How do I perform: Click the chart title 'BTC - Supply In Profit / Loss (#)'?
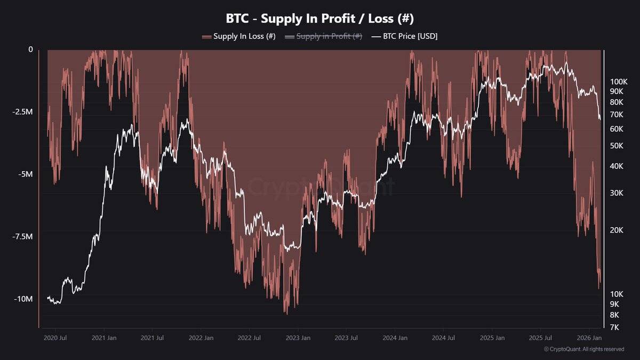tap(320, 18)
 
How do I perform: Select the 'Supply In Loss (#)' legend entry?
tap(238, 36)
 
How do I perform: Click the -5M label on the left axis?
tap(26, 174)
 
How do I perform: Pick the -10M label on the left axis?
tap(23, 299)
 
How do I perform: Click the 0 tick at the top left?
tap(30, 50)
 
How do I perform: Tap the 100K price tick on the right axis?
tap(619, 82)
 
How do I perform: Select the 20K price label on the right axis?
tap(617, 230)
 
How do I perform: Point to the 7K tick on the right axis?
tap(615, 327)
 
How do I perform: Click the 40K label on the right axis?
tap(617, 166)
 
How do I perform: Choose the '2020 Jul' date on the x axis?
tap(55, 338)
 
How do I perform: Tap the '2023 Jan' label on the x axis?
tap(298, 338)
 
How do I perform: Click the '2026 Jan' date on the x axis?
tap(589, 338)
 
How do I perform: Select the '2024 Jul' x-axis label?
tap(443, 338)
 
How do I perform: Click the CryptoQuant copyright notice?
tap(583, 349)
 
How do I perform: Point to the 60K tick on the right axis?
tap(617, 129)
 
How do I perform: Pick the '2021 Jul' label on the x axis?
tap(152, 338)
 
